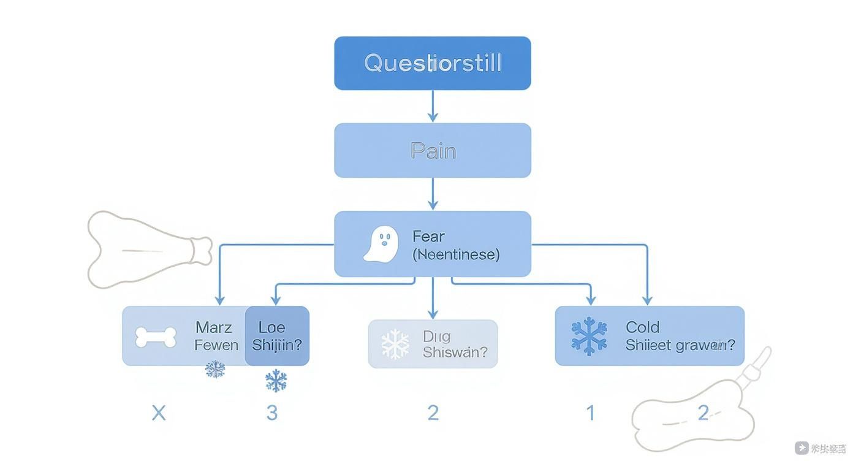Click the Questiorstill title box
(x=432, y=63)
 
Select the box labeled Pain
(x=432, y=150)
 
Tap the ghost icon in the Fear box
(x=381, y=244)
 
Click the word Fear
(x=428, y=236)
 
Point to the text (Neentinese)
(x=456, y=254)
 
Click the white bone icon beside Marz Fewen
(x=156, y=337)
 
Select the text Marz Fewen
(x=216, y=336)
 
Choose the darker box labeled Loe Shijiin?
(x=277, y=336)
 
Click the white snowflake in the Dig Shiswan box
(x=395, y=344)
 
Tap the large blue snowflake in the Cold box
(x=589, y=337)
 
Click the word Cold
(x=642, y=327)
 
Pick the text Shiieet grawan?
(x=680, y=346)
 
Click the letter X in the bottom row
(x=159, y=413)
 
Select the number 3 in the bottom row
(x=272, y=413)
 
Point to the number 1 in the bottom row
(x=591, y=413)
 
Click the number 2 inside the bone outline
(x=703, y=413)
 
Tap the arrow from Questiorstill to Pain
(x=433, y=107)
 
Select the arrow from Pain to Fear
(x=433, y=194)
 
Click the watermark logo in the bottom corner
(x=802, y=448)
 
